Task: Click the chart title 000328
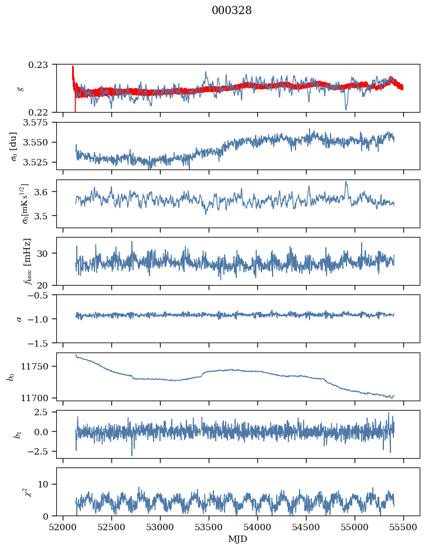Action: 232,11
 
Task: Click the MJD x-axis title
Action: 238,538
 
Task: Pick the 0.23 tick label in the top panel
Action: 43,64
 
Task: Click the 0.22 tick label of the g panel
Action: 43,112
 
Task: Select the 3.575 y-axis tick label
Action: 39,123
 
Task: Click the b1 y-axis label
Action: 11,434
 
